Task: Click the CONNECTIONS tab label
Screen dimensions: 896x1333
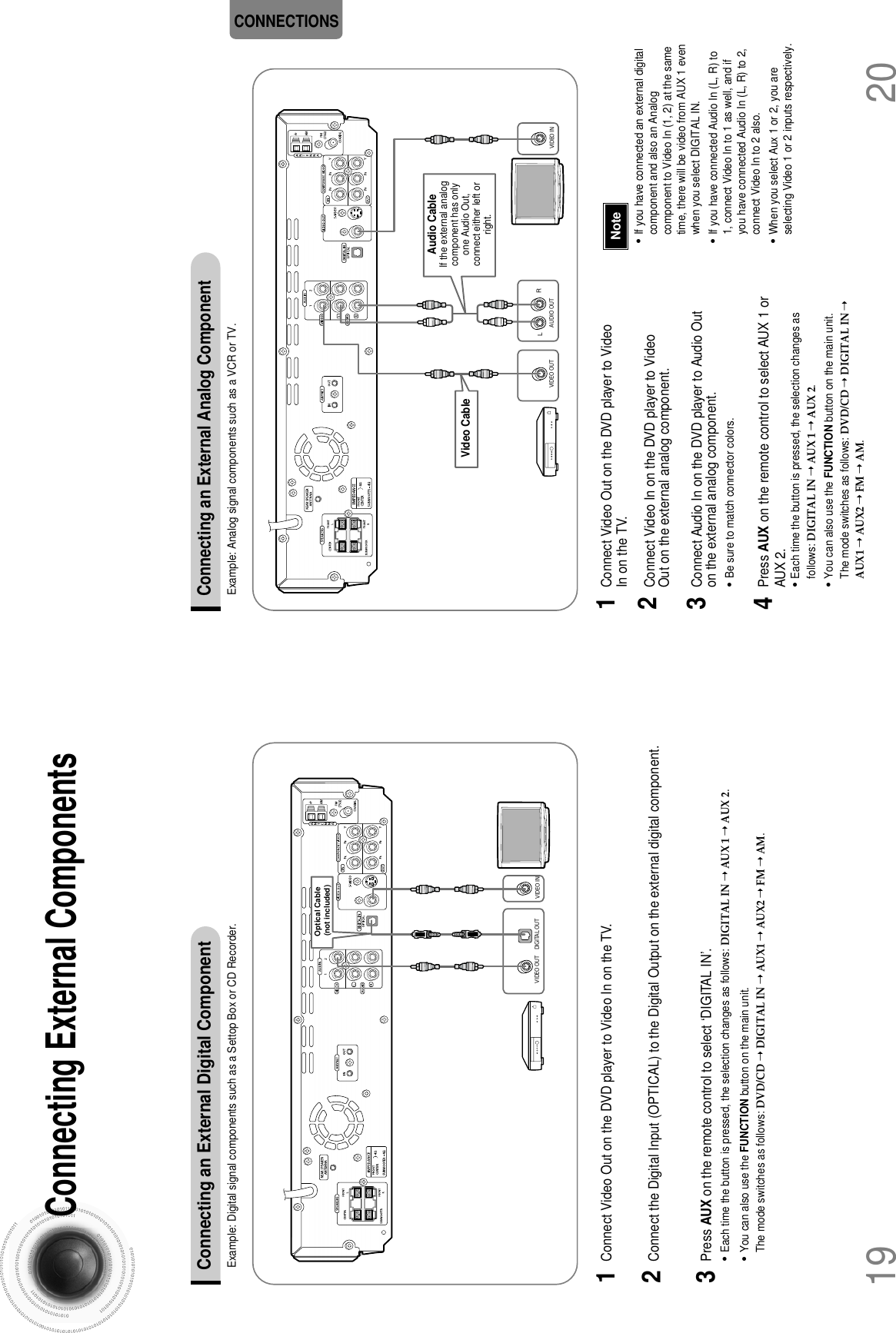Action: pos(286,21)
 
